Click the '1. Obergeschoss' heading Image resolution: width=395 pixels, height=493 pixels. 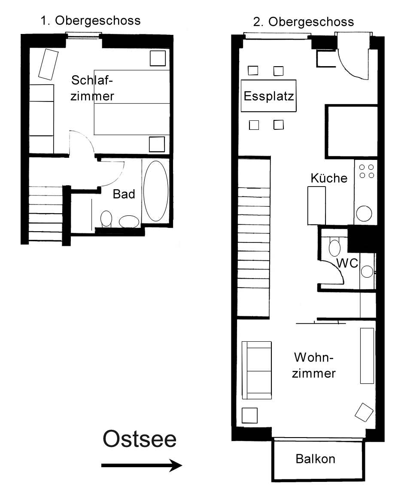(x=91, y=21)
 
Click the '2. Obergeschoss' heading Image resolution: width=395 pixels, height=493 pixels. (x=303, y=22)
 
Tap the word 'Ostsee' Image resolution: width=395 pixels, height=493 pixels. (x=140, y=439)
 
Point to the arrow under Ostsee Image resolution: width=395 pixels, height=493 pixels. (x=141, y=465)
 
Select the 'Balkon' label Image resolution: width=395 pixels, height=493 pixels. (x=315, y=459)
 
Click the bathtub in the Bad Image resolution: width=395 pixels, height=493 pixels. (x=156, y=191)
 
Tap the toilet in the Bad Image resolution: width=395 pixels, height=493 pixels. (x=106, y=219)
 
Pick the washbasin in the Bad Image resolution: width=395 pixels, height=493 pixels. (x=129, y=221)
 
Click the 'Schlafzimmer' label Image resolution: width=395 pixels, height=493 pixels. (x=92, y=88)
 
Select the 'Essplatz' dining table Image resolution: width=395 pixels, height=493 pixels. (x=268, y=96)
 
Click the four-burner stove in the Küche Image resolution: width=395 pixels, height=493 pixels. (x=366, y=171)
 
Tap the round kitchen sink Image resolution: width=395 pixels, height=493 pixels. (x=364, y=214)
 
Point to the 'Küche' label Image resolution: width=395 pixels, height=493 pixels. (x=329, y=178)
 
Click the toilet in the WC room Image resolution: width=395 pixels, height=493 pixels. (x=335, y=248)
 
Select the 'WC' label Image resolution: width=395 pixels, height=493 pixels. (x=347, y=263)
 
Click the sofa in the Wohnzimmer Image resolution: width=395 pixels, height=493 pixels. (x=256, y=370)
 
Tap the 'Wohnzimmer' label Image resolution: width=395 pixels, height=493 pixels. (x=314, y=365)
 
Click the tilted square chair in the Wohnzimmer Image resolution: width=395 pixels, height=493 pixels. (x=364, y=412)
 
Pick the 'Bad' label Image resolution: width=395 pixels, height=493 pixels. (x=124, y=194)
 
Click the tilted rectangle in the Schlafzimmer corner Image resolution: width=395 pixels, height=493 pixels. (x=48, y=64)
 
